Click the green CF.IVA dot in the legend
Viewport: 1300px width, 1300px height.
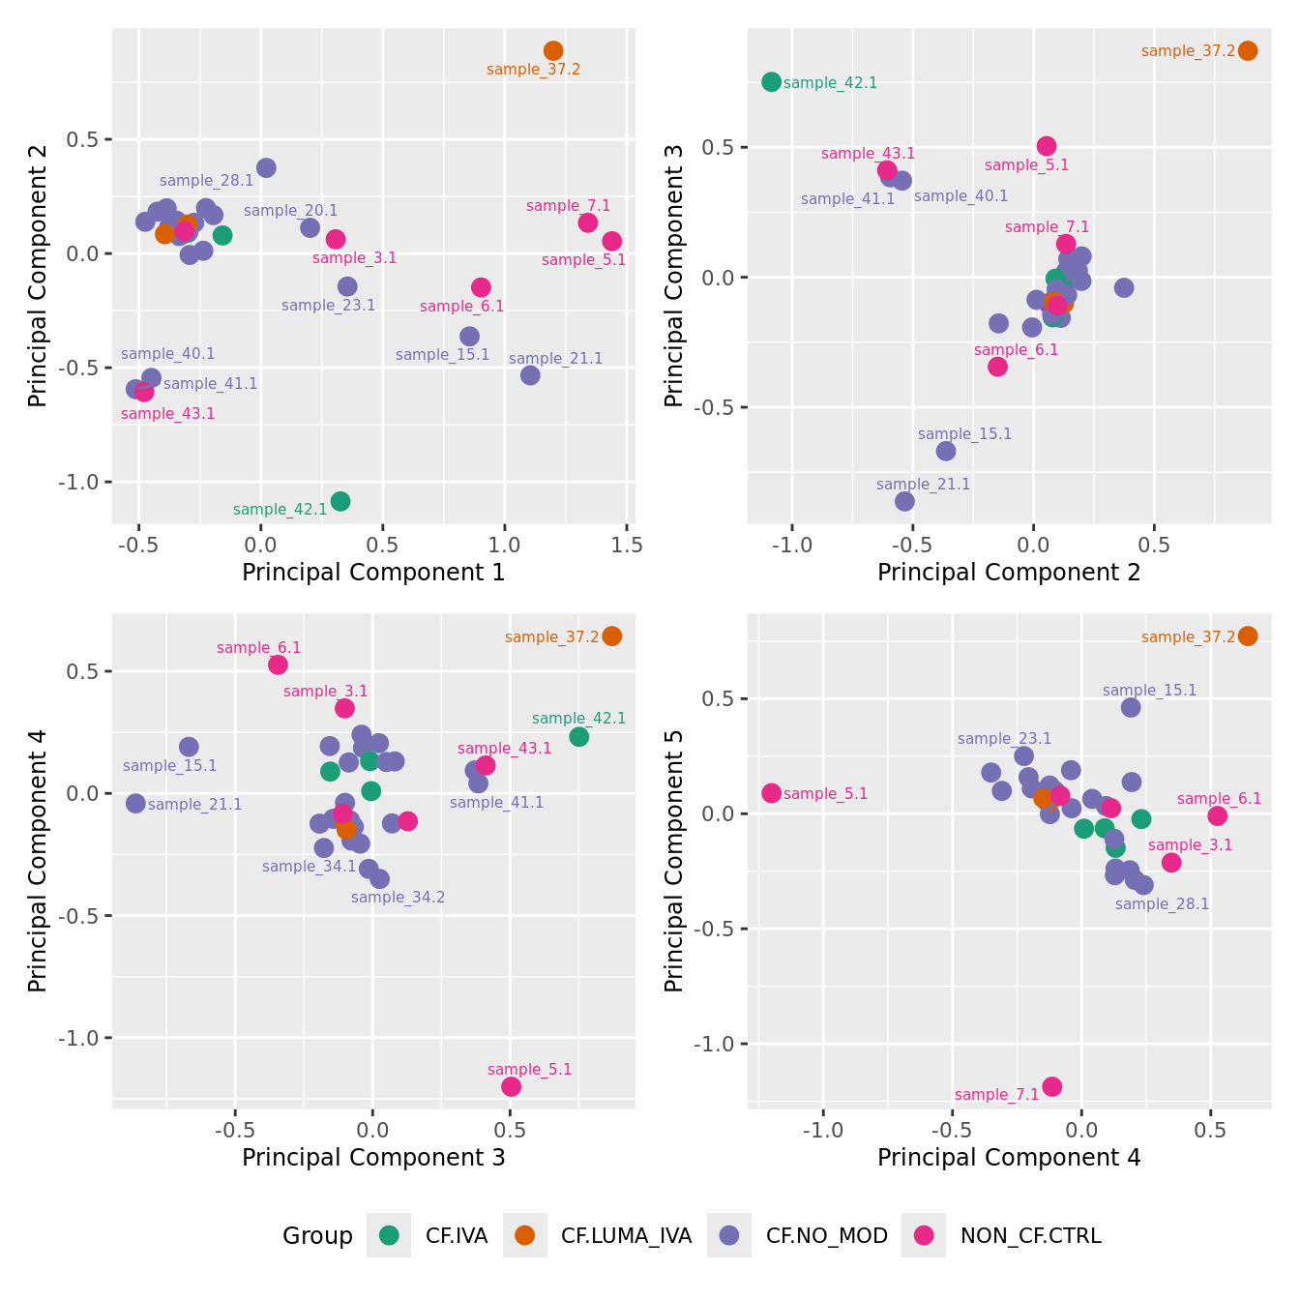[x=389, y=1235]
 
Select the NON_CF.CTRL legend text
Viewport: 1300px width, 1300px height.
[x=1030, y=1235]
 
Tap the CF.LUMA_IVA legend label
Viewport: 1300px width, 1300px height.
[x=626, y=1235]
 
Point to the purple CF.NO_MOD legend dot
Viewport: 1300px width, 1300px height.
[x=729, y=1235]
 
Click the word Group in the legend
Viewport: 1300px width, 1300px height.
[x=317, y=1235]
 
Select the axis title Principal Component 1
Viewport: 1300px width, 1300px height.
[x=373, y=572]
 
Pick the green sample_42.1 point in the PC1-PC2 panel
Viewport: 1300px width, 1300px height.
[x=340, y=501]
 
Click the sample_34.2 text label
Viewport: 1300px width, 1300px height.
[x=398, y=898]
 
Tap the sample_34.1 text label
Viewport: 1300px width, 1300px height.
[x=310, y=867]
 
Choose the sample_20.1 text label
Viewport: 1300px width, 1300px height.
[x=290, y=211]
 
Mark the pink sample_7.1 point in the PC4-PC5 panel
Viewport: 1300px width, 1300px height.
[x=1051, y=1086]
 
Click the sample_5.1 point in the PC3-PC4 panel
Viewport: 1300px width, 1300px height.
[x=511, y=1086]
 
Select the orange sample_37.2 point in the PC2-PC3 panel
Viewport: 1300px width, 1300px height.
[x=1248, y=50]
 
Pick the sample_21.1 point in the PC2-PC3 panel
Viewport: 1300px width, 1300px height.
[x=904, y=501]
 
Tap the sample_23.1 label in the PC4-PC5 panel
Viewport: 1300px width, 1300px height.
[x=1004, y=739]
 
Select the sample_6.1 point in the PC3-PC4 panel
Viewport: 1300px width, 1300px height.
[x=278, y=665]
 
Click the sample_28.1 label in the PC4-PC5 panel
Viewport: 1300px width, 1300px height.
[x=1162, y=904]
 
